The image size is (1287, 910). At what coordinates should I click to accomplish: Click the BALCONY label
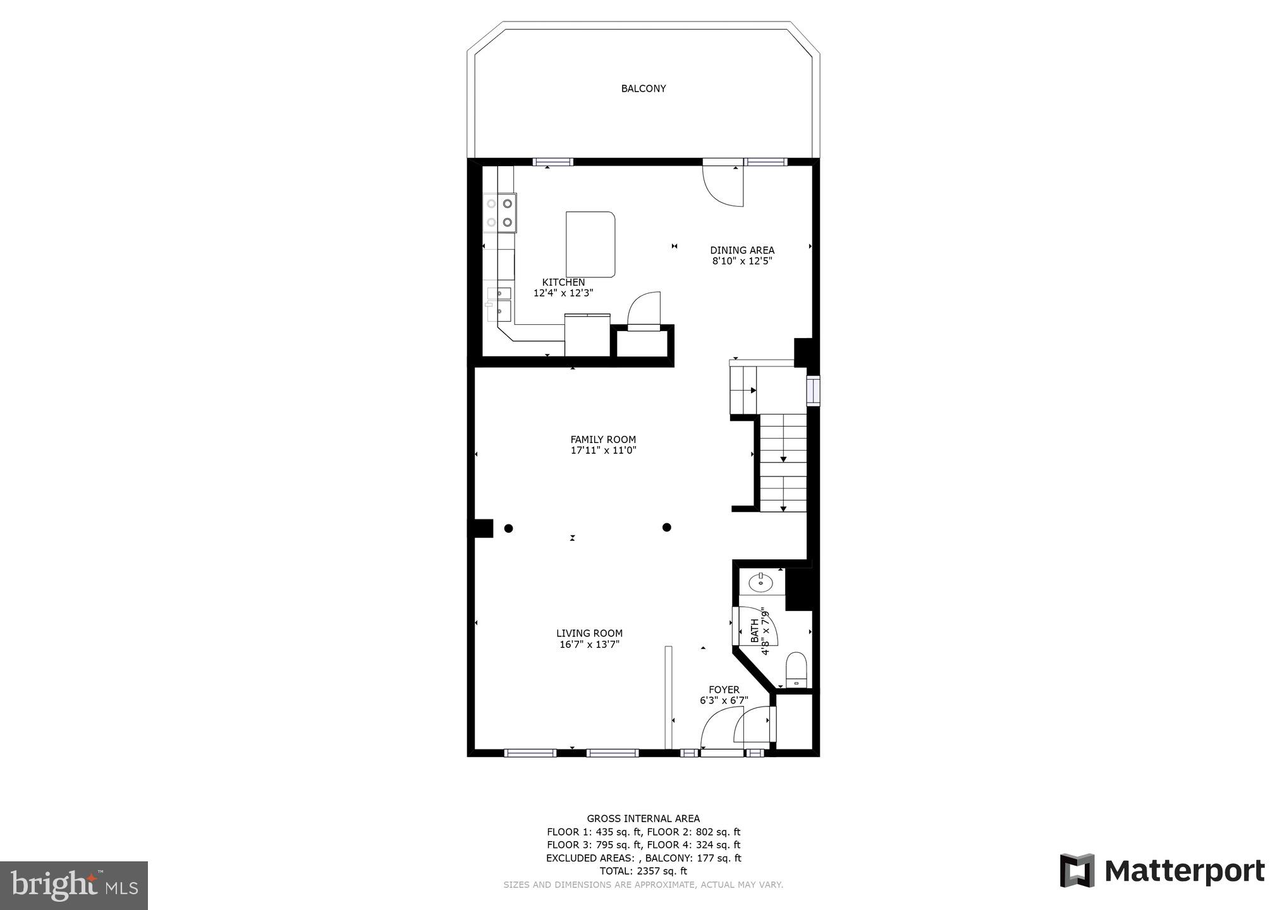(x=643, y=89)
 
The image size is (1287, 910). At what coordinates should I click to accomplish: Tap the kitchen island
(x=590, y=245)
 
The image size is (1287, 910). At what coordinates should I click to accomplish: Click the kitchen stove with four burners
(x=499, y=213)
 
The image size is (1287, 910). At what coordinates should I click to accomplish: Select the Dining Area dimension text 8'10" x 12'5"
(x=742, y=261)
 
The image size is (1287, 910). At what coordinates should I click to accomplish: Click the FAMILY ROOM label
(x=603, y=440)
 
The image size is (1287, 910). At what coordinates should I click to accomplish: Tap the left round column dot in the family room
(x=508, y=528)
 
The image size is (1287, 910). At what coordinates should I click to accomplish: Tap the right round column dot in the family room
(x=666, y=527)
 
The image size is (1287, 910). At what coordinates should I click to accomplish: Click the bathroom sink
(x=761, y=582)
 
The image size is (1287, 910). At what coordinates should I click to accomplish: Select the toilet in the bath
(x=796, y=669)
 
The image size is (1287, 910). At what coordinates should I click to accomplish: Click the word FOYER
(x=724, y=690)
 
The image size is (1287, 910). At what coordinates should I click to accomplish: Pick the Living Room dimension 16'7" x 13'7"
(x=589, y=645)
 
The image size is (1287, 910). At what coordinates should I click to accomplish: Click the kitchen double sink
(x=500, y=302)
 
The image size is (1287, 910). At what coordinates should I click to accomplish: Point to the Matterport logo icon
(x=1077, y=871)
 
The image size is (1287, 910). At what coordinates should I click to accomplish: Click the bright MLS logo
(x=73, y=885)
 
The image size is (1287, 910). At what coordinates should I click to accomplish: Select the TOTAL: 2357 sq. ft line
(x=643, y=871)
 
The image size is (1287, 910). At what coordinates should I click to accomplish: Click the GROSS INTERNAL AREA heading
(x=643, y=818)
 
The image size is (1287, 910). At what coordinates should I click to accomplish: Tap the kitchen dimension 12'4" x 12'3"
(x=563, y=293)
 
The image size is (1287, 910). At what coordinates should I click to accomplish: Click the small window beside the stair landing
(x=814, y=389)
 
